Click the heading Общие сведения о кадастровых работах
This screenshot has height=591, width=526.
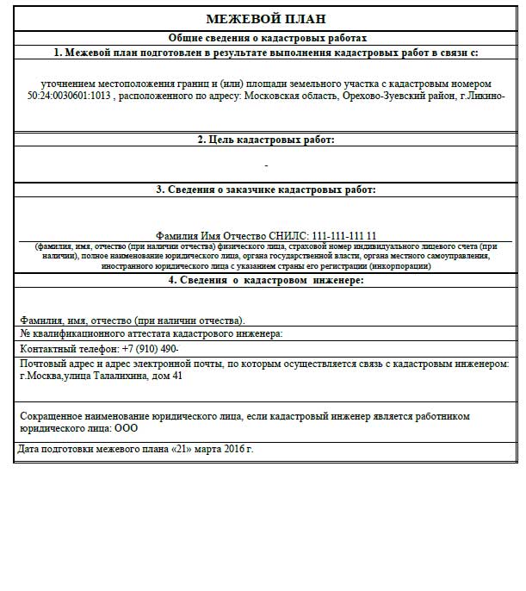[x=267, y=38]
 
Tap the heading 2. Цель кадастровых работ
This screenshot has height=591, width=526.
[x=266, y=139]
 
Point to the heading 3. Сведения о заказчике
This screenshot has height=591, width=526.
[x=266, y=190]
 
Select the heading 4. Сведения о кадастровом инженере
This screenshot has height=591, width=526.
[x=266, y=280]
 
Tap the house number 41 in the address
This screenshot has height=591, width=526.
[x=177, y=376]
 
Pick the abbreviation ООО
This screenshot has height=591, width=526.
[x=127, y=427]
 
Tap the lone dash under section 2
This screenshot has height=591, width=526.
[x=266, y=165]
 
